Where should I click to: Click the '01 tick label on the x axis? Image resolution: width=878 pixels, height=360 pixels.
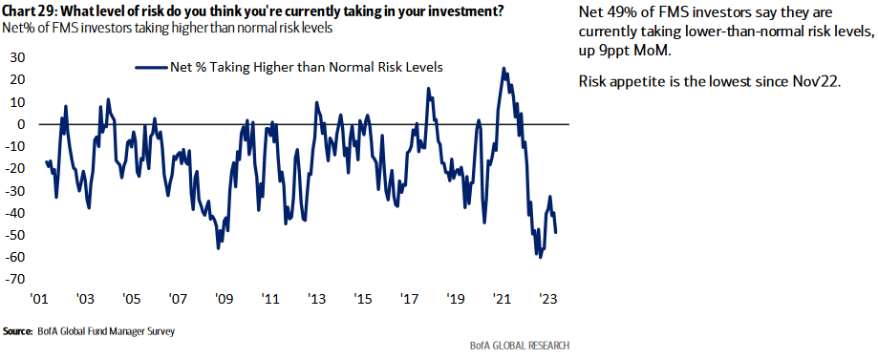(40, 297)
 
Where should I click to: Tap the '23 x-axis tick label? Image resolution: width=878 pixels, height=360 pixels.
(548, 297)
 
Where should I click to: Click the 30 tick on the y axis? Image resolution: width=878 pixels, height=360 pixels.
(17, 57)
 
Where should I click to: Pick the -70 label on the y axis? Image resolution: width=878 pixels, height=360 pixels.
(15, 280)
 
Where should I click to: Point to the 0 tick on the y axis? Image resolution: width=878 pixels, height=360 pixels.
(21, 124)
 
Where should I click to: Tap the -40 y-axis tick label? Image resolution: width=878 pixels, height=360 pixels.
(15, 213)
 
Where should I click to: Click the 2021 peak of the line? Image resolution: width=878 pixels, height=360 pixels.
(503, 69)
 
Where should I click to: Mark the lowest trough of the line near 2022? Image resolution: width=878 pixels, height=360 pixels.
(540, 257)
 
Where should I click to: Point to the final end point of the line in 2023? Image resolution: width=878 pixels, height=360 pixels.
(556, 232)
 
